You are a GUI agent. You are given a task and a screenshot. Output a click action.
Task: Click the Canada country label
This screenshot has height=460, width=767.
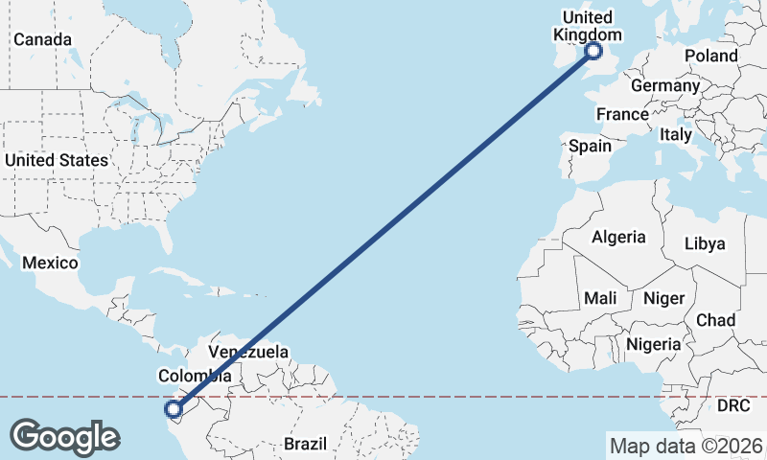tap(42, 39)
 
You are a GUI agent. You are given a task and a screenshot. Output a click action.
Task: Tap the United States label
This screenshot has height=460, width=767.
tap(56, 160)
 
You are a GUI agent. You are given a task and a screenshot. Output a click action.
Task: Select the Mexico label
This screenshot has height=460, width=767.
tap(49, 262)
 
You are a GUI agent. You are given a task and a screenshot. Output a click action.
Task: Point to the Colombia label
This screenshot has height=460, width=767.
tap(197, 377)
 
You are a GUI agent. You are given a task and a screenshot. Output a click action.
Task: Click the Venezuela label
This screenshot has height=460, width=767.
tap(248, 352)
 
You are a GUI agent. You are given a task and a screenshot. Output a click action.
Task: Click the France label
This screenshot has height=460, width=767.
tap(622, 114)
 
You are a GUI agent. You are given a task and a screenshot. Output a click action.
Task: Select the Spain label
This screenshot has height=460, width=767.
tap(590, 146)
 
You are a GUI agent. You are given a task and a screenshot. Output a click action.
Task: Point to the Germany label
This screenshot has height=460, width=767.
tap(665, 85)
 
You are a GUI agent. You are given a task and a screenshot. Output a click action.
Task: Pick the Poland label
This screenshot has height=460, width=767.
tap(711, 56)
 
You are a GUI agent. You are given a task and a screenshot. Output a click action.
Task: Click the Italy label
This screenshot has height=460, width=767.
tap(675, 135)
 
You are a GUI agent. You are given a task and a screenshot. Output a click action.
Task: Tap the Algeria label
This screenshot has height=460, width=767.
tap(618, 237)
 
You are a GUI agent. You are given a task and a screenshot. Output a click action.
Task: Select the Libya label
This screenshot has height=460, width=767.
tap(705, 243)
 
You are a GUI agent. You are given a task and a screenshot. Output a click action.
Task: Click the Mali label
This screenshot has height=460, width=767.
tap(600, 298)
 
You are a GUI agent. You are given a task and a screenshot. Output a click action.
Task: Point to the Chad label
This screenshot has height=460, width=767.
tap(716, 319)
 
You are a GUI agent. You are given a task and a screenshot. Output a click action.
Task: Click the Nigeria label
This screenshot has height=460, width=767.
tap(653, 343)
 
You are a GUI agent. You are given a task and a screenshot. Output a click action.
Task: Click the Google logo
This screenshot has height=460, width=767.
tap(64, 437)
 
